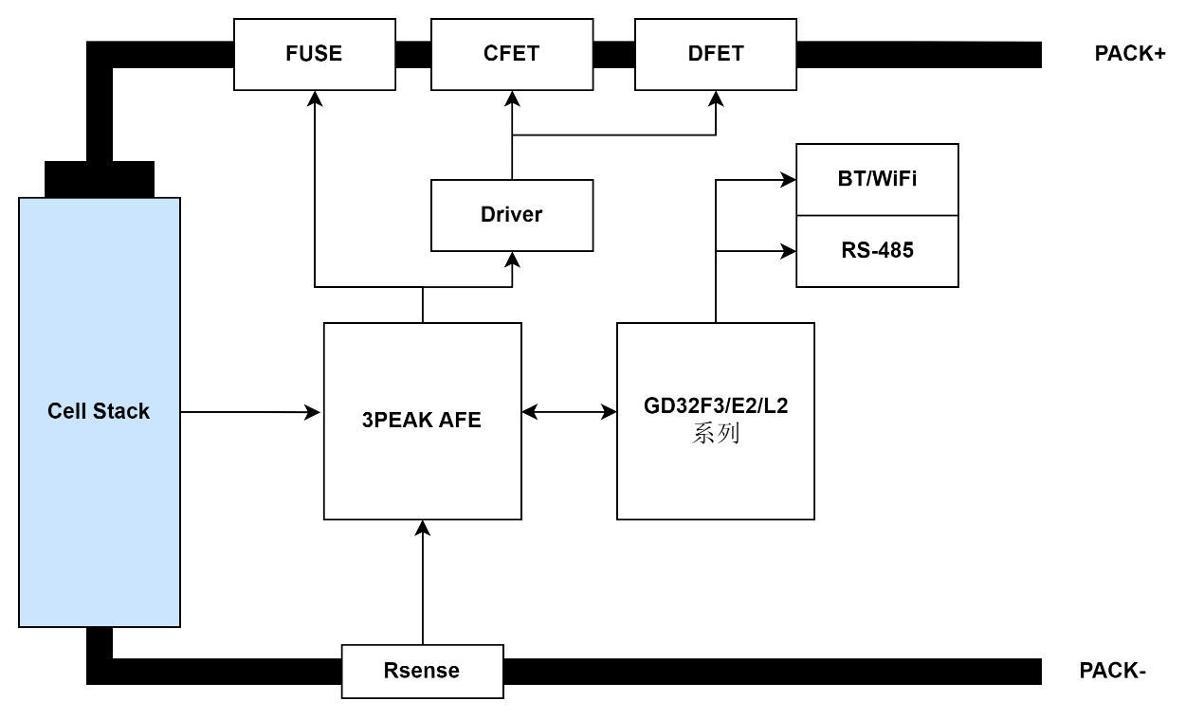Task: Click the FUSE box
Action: pyautogui.click(x=314, y=54)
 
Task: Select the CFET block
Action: pyautogui.click(x=512, y=54)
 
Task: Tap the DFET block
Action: pyautogui.click(x=716, y=54)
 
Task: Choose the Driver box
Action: pyautogui.click(x=512, y=215)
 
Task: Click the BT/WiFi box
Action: pyautogui.click(x=877, y=180)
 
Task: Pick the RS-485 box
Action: pyautogui.click(x=877, y=251)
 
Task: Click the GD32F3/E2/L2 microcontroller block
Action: pyautogui.click(x=716, y=474)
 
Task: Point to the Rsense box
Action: pyautogui.click(x=422, y=671)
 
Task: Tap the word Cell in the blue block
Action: pyautogui.click(x=67, y=411)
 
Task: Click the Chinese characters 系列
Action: pyautogui.click(x=716, y=434)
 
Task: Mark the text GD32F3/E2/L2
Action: pyautogui.click(x=716, y=406)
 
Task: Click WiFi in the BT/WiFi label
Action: pyautogui.click(x=894, y=179)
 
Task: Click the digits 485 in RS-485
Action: pyautogui.click(x=894, y=251)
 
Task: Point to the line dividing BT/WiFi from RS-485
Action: pyautogui.click(x=877, y=216)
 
